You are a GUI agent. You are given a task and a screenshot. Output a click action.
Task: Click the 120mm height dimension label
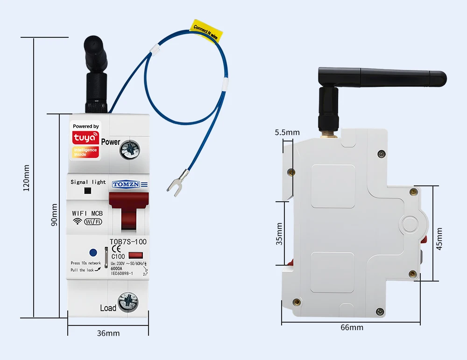pos(27,178)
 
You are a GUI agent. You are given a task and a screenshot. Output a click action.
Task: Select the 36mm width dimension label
pos(108,333)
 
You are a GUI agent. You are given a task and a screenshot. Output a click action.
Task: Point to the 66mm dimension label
pos(352,327)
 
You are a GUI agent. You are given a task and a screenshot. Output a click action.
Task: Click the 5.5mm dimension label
pos(287,132)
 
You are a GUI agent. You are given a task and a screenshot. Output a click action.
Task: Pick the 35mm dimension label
pos(279,233)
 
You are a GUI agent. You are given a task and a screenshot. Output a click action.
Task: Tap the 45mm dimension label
pos(439,239)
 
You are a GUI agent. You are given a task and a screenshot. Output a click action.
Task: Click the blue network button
pos(93,253)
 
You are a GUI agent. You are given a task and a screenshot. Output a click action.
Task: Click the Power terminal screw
pos(128,150)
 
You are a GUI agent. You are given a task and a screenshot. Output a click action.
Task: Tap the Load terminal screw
pos(128,302)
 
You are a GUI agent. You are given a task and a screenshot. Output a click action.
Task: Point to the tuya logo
pos(85,138)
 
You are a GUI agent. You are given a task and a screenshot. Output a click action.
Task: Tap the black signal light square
pos(87,191)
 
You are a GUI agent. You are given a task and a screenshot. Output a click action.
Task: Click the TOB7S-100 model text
pos(128,241)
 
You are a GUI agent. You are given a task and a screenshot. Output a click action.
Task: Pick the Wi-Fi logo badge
pos(93,222)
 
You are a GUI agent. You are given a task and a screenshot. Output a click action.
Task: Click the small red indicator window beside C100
pos(135,255)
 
